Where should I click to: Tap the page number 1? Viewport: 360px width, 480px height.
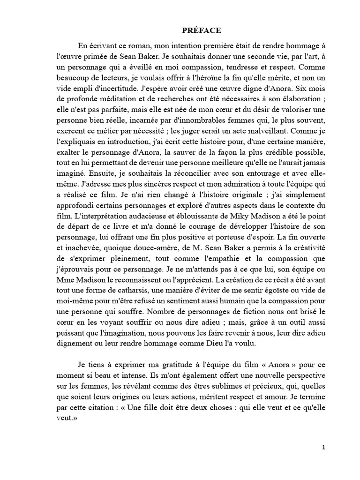pos(323,447)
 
